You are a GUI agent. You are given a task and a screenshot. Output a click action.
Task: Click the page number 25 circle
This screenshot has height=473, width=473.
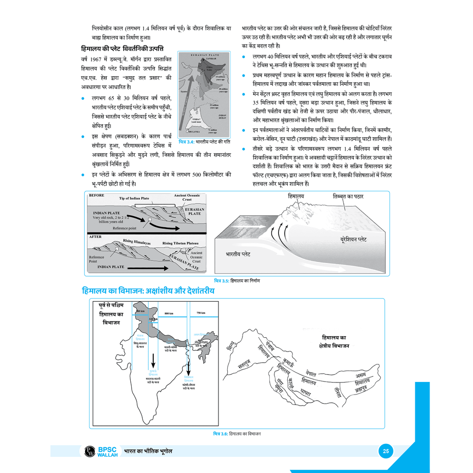click(385, 451)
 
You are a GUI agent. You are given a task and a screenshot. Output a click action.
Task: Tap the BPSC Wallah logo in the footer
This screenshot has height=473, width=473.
click(100, 451)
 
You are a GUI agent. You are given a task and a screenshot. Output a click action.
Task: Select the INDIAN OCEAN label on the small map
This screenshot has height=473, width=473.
click(222, 117)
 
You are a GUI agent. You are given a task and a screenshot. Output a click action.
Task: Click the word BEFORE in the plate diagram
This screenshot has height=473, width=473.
click(97, 195)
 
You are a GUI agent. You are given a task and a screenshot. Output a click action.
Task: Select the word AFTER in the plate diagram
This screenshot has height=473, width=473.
click(95, 236)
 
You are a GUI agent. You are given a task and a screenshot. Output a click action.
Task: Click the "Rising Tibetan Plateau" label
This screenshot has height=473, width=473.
click(180, 243)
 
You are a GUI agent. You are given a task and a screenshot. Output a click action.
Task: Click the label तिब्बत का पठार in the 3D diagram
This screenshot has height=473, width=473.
click(348, 196)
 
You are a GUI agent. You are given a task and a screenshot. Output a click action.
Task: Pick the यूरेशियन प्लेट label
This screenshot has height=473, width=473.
click(354, 240)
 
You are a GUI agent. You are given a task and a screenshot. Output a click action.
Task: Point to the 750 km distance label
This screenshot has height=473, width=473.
click(200, 313)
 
